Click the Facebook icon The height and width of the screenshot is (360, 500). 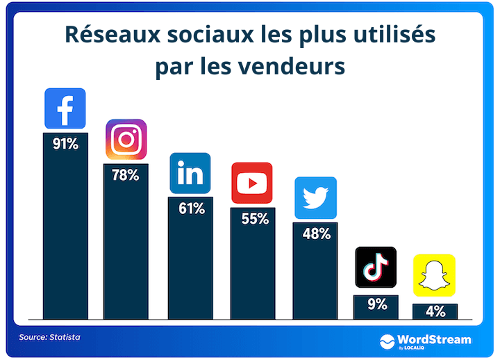click(x=65, y=108)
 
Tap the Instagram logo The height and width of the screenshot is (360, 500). click(x=126, y=140)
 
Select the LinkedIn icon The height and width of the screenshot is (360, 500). click(x=190, y=173)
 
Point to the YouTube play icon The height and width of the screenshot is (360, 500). click(x=251, y=183)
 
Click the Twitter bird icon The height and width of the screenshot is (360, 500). click(x=315, y=198)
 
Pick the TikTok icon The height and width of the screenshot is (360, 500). click(x=376, y=267)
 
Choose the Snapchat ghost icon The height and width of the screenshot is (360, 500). click(x=435, y=275)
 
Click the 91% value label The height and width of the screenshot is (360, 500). click(x=65, y=145)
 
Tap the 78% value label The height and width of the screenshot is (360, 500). click(x=126, y=175)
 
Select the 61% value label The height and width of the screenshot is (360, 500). click(x=190, y=208)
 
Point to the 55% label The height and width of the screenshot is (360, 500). click(x=254, y=219)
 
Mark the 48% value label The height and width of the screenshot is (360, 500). click(x=316, y=234)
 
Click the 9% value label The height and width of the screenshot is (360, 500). click(x=376, y=304)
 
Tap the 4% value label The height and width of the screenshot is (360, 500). click(x=435, y=312)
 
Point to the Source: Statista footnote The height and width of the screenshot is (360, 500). click(x=49, y=337)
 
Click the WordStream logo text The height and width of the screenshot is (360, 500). click(x=435, y=340)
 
